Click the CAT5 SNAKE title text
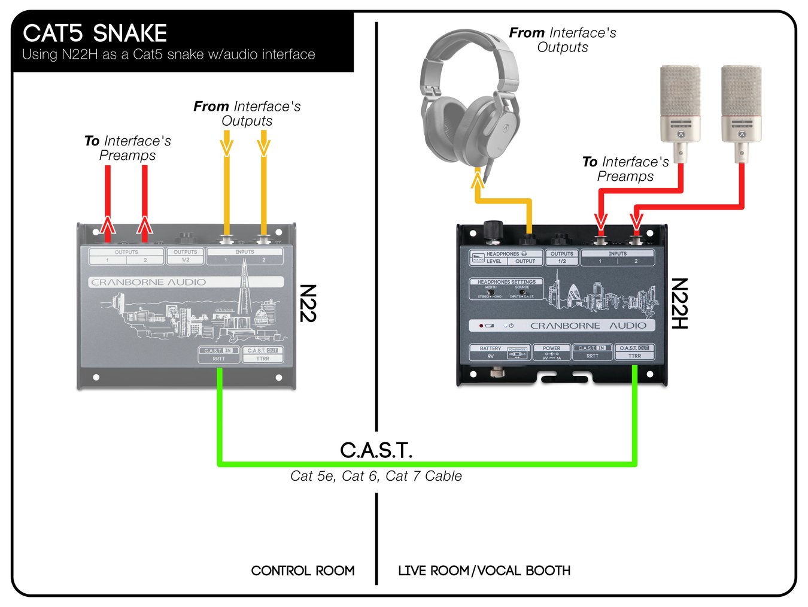click(95, 33)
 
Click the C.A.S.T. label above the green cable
click(376, 450)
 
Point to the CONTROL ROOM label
click(303, 570)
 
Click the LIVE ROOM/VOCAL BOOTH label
click(484, 570)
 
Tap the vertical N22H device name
click(679, 303)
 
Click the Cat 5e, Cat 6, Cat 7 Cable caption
click(376, 476)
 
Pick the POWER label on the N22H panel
click(551, 348)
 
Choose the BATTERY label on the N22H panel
click(490, 348)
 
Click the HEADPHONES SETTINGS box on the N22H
click(506, 289)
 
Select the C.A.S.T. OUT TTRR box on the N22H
click(634, 352)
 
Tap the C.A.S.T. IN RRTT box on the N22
click(218, 354)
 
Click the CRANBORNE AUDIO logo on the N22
click(148, 282)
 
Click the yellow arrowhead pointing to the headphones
click(478, 178)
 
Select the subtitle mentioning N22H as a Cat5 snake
click(168, 54)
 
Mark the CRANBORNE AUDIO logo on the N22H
click(588, 326)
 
